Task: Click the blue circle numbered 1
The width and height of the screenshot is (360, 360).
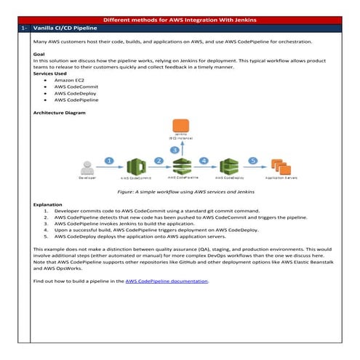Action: tap(108, 160)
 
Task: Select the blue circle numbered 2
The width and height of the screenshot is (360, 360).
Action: tap(159, 161)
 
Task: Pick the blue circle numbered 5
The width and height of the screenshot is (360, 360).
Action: tap(252, 160)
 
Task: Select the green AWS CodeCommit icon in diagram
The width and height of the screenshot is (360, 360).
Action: tap(132, 166)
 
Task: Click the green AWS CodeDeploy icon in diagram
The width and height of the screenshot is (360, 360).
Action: tap(230, 166)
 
